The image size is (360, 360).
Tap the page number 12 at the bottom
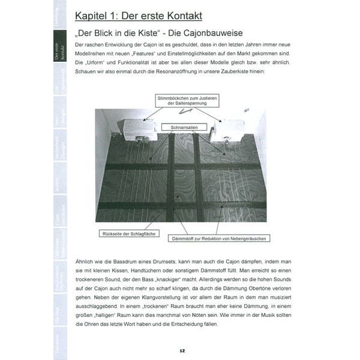[x=182, y=350]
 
